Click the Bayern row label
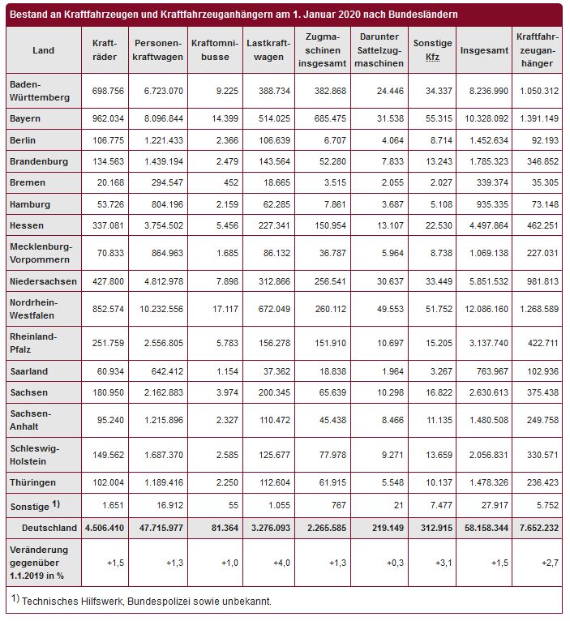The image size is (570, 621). tap(25, 118)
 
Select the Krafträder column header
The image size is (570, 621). tap(105, 50)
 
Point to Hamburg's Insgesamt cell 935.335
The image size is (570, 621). tap(484, 204)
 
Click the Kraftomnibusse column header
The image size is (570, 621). tap(212, 50)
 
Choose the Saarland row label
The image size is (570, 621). tap(29, 371)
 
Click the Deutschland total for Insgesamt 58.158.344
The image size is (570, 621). tap(484, 528)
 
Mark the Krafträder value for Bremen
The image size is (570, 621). tap(105, 182)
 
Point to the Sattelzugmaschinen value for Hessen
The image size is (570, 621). tap(378, 225)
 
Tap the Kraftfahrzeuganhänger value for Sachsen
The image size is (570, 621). tap(536, 392)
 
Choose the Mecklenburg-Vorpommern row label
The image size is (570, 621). tap(41, 252)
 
